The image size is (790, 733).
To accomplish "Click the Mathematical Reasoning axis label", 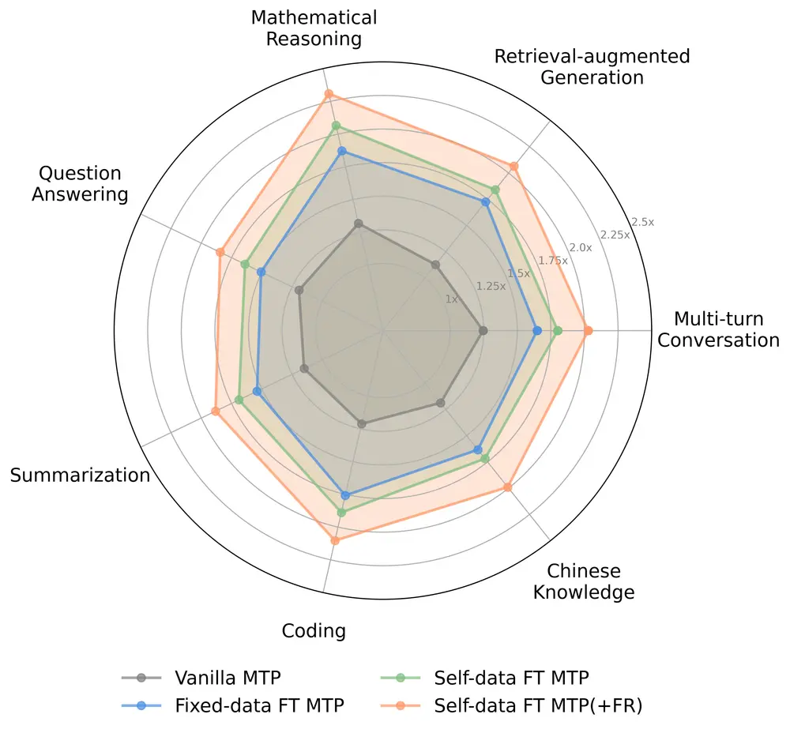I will point(314,28).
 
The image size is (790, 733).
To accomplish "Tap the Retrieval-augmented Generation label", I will point(592,66).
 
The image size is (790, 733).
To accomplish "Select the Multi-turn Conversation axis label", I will point(718,329).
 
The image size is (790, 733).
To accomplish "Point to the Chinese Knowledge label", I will point(584,581).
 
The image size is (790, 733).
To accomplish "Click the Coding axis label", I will point(314,630).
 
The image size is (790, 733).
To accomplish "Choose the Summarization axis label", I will point(80,475).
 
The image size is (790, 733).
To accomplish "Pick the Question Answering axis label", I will point(80,183).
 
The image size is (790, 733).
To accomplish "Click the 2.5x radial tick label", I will point(644,222).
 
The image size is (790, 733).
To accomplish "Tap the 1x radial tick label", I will point(451,299).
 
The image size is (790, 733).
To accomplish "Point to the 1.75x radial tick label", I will point(553,260).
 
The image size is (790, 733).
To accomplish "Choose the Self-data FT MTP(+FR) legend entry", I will point(538,705).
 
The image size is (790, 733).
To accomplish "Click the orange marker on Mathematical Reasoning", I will point(329,94).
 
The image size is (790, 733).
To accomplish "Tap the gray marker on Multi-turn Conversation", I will point(483,330).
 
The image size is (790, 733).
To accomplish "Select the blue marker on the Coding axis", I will point(345,495).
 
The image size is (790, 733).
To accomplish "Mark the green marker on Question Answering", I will point(245,264).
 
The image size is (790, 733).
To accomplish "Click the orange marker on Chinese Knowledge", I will point(508,487).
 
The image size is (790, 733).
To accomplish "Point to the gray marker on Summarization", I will point(303,368).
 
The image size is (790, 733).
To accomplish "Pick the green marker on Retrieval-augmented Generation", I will point(495,190).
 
